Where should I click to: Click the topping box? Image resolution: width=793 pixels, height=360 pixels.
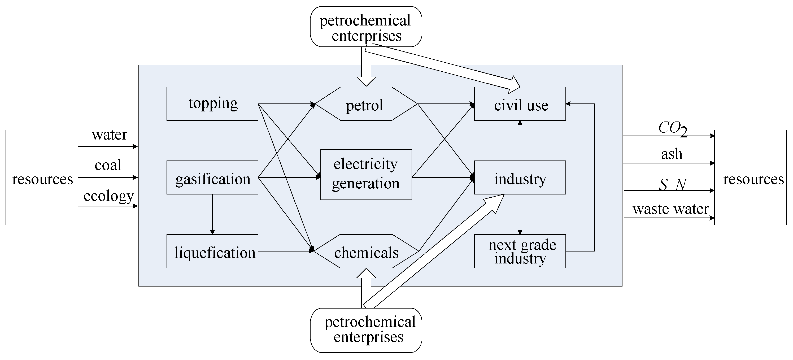212,104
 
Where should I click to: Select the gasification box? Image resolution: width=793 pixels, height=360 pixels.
212,178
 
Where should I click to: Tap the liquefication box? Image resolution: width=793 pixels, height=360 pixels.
212,251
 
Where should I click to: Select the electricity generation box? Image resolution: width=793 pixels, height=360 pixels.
366,175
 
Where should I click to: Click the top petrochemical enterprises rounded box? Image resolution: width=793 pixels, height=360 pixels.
366,27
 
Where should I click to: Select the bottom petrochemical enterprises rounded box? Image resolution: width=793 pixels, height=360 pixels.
366,330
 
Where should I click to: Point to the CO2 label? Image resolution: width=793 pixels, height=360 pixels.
672,128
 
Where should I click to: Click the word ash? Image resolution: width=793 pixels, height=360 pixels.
672,154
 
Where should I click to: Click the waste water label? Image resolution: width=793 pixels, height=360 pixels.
670,209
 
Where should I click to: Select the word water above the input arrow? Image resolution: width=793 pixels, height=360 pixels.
109,135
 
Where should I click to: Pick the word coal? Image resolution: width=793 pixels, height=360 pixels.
108,165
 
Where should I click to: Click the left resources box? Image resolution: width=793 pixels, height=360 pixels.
42,178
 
